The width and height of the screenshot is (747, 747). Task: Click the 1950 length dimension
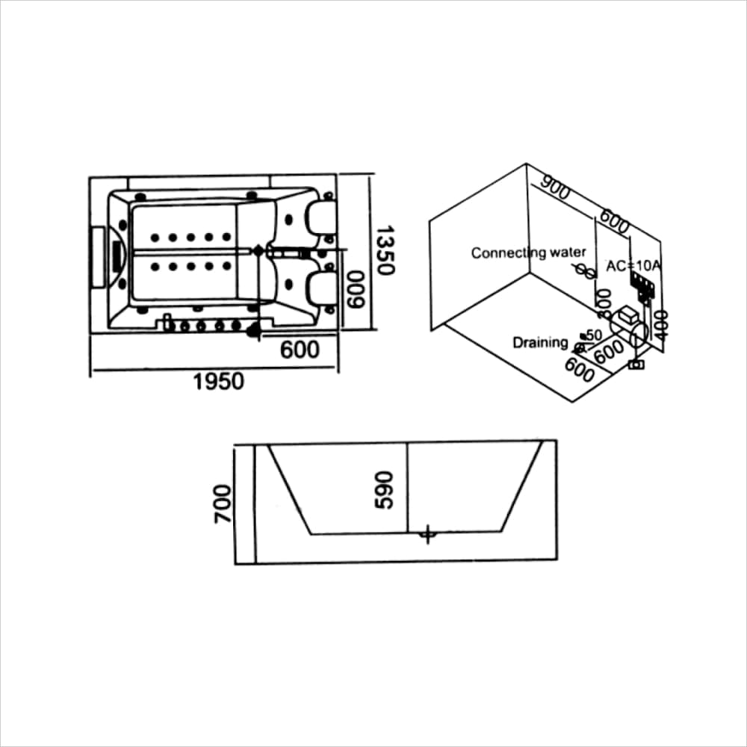pos(218,381)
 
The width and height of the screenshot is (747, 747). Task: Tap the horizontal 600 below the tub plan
pos(299,349)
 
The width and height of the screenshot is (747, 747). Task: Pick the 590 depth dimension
pos(382,489)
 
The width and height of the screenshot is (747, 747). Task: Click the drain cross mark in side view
pos(427,533)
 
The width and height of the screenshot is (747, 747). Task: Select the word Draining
pos(539,343)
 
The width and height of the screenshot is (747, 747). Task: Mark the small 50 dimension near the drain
pos(594,335)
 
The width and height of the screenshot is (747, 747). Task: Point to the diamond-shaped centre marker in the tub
pos(259,251)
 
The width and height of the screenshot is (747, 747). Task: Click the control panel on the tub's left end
pos(99,256)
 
